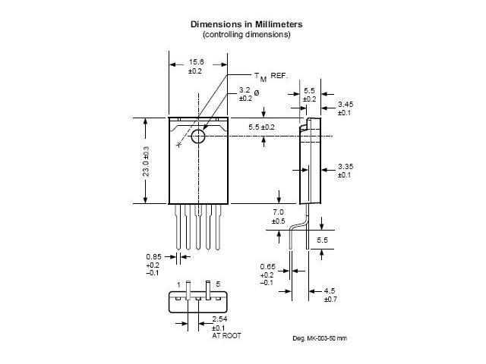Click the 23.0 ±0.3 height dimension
pos(146,161)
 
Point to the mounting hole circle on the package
pos(199,136)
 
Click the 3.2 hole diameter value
pos(245,90)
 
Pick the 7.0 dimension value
pos(277,212)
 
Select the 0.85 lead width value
pos(153,256)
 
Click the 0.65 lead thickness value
pos(267,266)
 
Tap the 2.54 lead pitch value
pos(219,319)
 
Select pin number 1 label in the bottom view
pos(180,284)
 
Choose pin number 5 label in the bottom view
pos(218,284)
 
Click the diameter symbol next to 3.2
pos(257,92)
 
